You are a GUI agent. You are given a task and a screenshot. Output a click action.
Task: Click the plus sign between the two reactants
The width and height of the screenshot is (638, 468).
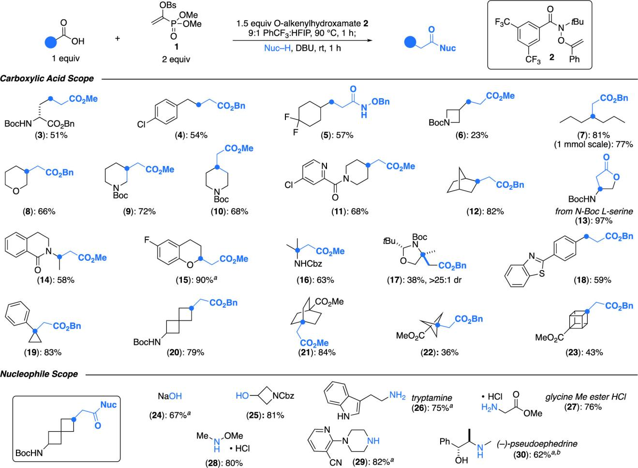(118, 37)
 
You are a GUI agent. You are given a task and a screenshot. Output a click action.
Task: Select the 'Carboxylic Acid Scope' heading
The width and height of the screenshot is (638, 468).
(47, 78)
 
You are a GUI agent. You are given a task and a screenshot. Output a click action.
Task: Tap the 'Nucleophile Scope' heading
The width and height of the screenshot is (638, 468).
(39, 374)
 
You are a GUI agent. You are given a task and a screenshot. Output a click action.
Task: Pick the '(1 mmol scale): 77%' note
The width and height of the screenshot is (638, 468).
(593, 144)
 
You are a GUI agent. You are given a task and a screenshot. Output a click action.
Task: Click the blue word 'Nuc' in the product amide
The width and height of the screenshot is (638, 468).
(447, 48)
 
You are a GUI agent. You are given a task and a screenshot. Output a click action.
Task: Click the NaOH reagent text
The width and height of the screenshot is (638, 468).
(170, 396)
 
